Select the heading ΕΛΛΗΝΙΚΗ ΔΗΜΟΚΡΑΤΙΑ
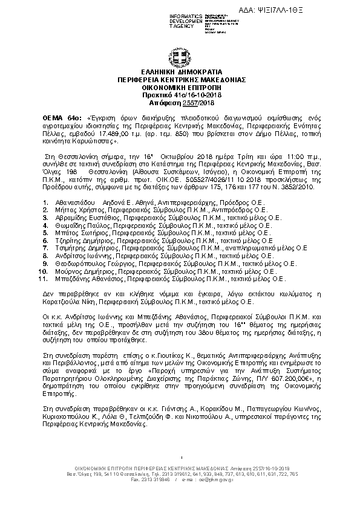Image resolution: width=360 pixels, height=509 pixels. (180, 71)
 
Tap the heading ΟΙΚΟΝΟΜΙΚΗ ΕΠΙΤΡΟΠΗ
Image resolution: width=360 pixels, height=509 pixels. (180, 87)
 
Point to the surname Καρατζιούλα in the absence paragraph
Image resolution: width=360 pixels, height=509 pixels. (61, 300)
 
